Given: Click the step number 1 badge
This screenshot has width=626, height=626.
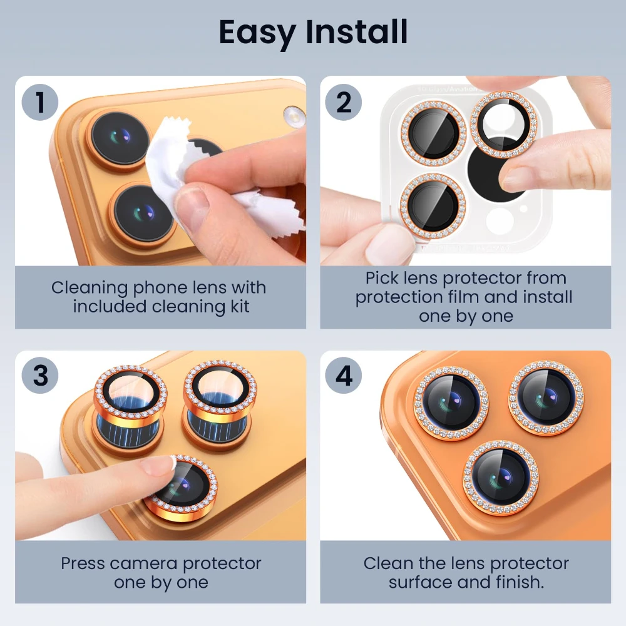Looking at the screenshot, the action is click(x=40, y=102).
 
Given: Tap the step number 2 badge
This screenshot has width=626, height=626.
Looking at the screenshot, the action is click(x=343, y=102).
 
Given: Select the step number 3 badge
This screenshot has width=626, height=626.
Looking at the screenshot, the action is click(x=40, y=375).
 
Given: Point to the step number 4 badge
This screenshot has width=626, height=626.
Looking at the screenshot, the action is click(x=343, y=375).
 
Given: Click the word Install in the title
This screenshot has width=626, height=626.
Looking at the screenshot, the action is click(x=357, y=31).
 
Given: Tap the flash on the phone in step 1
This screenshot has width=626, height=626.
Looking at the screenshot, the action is click(x=294, y=116).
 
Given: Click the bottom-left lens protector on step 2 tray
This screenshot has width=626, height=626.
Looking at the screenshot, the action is click(x=433, y=206).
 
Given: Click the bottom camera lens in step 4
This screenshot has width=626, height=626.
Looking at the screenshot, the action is click(x=500, y=478).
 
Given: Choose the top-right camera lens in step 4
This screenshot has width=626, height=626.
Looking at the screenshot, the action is click(x=546, y=398).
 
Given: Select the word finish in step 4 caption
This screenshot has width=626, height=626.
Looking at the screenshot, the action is click(x=520, y=582).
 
